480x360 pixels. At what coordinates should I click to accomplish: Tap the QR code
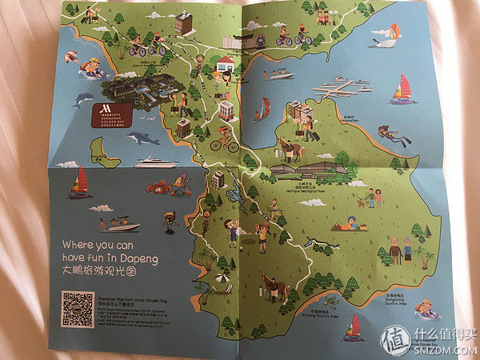point(77,308)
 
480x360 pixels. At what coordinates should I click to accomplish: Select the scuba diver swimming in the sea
point(394,135)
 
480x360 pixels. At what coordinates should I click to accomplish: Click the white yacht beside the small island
point(156,162)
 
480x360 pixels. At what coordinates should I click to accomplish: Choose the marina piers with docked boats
point(342,90)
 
